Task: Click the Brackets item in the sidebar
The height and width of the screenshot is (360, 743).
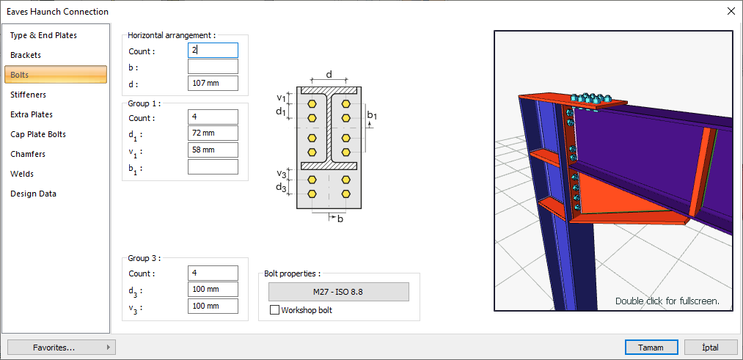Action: tap(26, 55)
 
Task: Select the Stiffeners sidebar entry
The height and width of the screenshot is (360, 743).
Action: tap(28, 95)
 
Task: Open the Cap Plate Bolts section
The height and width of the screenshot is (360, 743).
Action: tap(38, 134)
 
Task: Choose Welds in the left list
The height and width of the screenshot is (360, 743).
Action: tap(22, 174)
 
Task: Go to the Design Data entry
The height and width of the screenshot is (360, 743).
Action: tap(33, 194)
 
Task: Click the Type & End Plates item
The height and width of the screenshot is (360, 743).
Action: tap(43, 35)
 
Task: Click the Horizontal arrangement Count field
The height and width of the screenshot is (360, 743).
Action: tap(213, 51)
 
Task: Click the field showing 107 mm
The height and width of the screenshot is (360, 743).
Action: tap(213, 83)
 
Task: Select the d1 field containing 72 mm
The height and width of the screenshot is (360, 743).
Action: tap(213, 133)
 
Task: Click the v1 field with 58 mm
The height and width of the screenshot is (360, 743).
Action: tap(213, 150)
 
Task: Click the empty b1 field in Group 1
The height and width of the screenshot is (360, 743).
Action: tap(213, 167)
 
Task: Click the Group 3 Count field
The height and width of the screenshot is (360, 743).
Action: tap(213, 273)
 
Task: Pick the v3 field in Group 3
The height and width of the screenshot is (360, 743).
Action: tap(213, 306)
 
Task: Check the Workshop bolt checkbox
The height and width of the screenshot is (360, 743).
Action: tap(275, 310)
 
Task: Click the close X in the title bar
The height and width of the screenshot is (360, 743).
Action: tap(731, 11)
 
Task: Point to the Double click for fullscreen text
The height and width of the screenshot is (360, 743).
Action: tap(667, 301)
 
